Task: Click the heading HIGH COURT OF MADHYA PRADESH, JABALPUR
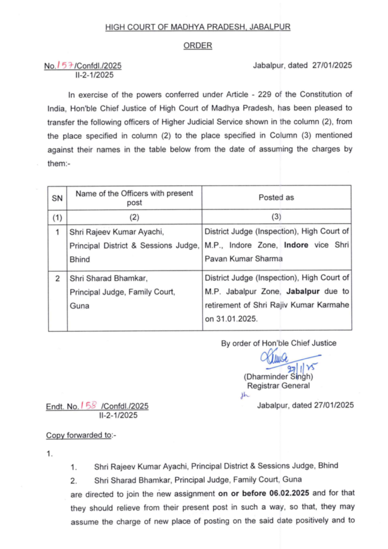coord(197,27)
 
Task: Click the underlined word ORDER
coord(197,46)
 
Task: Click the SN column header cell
coord(57,198)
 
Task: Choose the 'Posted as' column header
coord(276,197)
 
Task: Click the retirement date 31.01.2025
coord(237,317)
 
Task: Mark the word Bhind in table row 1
coord(80,258)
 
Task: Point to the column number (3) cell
coord(276,217)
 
